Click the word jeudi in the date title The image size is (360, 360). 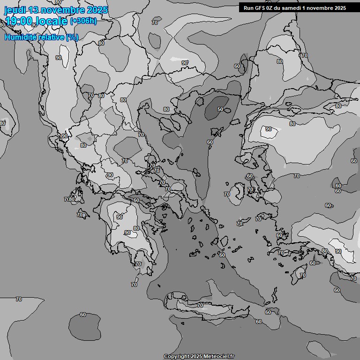[x=15, y=10]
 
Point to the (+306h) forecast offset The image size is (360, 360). [x=83, y=21]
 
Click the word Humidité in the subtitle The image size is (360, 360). [x=19, y=37]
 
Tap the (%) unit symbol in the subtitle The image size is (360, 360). [x=72, y=37]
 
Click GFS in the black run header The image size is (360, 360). [x=261, y=8]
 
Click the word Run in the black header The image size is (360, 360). [x=248, y=8]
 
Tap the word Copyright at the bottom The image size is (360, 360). [x=177, y=356]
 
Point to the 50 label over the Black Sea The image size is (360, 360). [x=220, y=109]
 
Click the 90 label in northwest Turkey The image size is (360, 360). [x=269, y=129]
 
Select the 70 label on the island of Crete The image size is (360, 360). [x=200, y=305]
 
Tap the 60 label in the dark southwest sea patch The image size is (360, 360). [x=83, y=315]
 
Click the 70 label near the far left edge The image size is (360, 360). [x=19, y=299]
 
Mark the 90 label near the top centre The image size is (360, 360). [x=185, y=62]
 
